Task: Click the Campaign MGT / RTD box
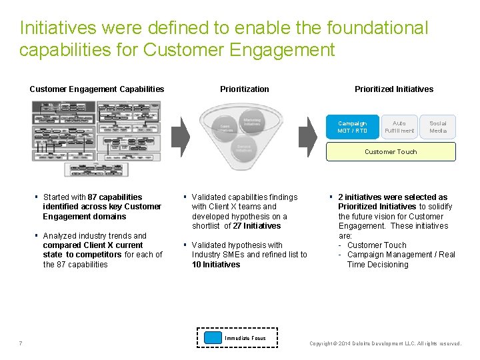click(x=352, y=127)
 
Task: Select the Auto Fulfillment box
click(x=399, y=127)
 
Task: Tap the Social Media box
click(x=438, y=127)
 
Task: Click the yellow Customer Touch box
click(x=391, y=152)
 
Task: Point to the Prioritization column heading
click(x=245, y=89)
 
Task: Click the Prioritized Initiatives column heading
click(x=394, y=89)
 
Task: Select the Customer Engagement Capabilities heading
click(x=97, y=89)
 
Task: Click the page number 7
click(x=21, y=343)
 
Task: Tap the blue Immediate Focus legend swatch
click(x=213, y=338)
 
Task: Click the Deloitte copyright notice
click(x=385, y=344)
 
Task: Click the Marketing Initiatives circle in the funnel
click(x=252, y=122)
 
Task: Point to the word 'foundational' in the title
click(x=377, y=28)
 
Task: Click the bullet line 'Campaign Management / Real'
click(x=401, y=255)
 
